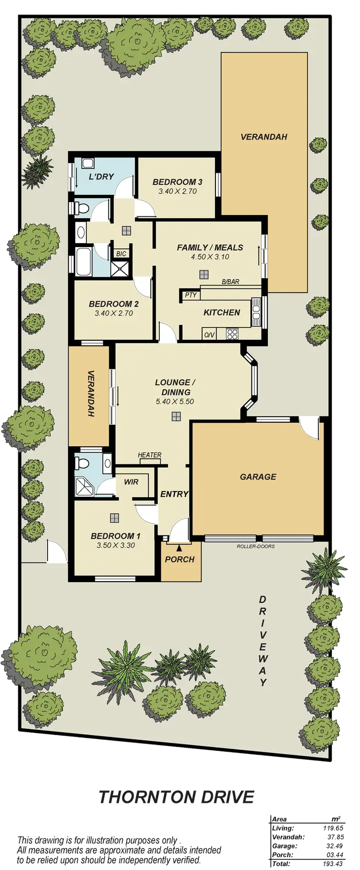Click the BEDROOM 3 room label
pos(177,182)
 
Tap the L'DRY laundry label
pos(101,176)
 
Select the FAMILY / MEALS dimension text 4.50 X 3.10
pos(210,257)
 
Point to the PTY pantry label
pos(191,295)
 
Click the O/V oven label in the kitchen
pos(209,335)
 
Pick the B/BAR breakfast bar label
pos(230,282)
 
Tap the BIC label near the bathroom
pos(119,254)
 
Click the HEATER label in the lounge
pos(150,455)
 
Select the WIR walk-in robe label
pos(131,481)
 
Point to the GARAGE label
pos(258,477)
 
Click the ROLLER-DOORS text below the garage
pos(255,546)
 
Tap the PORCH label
pos(180,559)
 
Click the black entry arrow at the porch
pos(179,547)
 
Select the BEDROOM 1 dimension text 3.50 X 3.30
pos(115,545)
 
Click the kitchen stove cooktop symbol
pos(232,334)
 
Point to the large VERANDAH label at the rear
pos(264,137)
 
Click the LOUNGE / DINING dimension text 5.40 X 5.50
pos(175,401)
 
